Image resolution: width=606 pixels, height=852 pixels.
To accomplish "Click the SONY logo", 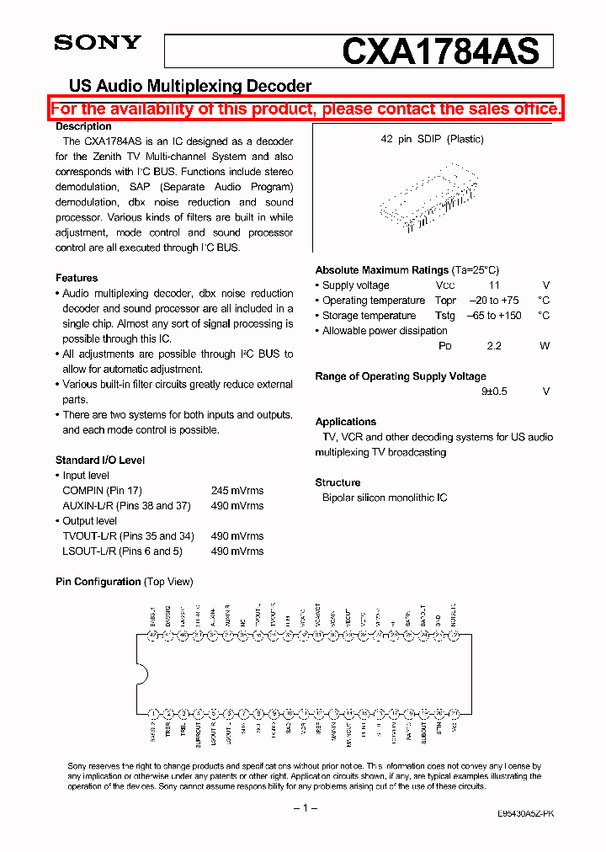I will point(98,43).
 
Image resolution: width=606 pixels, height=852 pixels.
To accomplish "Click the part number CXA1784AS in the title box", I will point(440,51).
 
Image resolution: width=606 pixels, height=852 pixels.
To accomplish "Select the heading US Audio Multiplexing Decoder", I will point(189,86).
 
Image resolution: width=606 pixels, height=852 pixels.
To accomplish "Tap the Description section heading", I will point(83,126).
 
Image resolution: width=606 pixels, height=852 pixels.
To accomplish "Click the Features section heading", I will point(77,278).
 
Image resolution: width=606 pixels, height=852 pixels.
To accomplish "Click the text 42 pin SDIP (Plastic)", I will point(432,140).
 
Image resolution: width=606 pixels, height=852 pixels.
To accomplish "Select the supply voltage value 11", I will point(495,285).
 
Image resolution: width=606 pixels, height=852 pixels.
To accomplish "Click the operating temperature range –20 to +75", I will point(493,301).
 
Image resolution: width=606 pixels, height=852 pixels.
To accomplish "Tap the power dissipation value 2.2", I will point(494,346).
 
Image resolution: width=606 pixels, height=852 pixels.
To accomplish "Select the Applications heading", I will point(345,422).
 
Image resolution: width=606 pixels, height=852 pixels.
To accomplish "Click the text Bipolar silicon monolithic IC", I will point(385,498).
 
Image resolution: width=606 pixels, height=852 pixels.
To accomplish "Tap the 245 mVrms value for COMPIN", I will point(237,491).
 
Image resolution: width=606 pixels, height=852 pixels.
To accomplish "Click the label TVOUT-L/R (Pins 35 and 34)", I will point(128,536).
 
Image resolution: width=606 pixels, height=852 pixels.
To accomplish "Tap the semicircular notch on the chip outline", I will point(141,674).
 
